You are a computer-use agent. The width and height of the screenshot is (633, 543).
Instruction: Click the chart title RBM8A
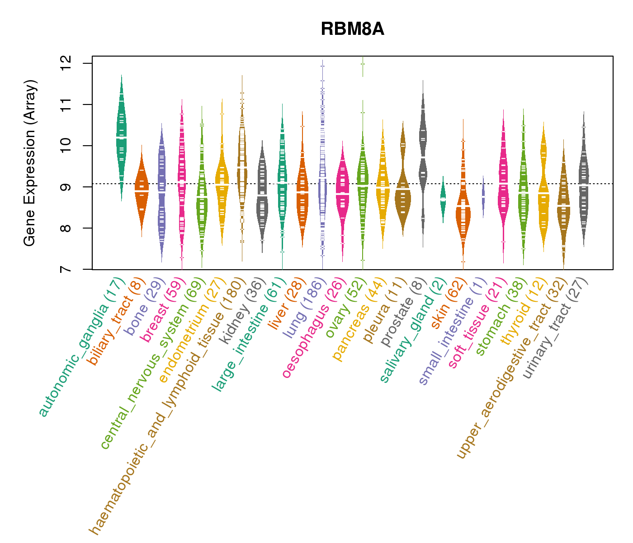[352, 29]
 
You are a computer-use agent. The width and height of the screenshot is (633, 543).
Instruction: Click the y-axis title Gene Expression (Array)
[30, 163]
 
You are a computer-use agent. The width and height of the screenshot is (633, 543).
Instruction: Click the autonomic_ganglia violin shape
[121, 136]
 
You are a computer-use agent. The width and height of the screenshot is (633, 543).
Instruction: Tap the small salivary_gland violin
[443, 199]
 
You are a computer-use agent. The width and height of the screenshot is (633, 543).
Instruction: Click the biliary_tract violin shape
[142, 190]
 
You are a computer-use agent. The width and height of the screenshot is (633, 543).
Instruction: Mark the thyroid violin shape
[543, 190]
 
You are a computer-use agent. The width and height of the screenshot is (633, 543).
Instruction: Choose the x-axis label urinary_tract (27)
[556, 328]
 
